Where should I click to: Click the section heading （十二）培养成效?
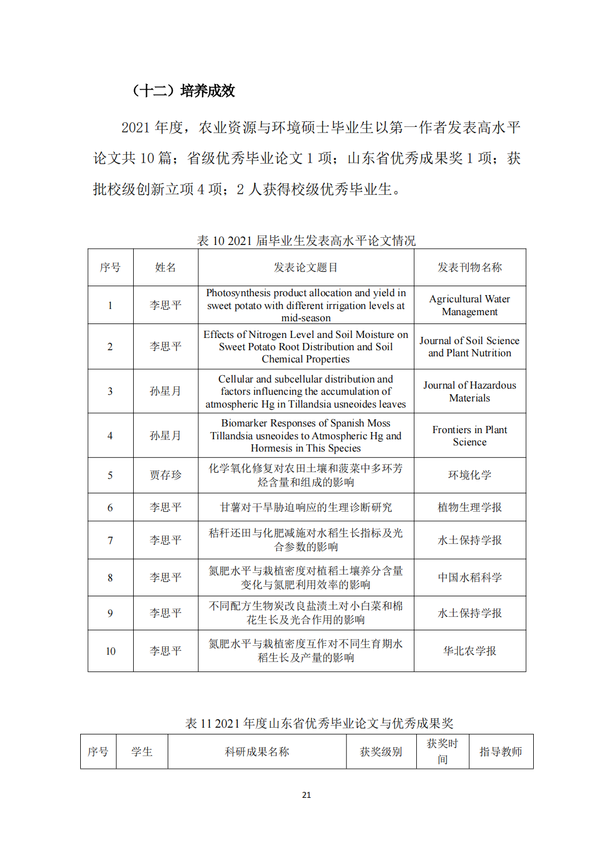click(183, 91)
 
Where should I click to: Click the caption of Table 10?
click(306, 241)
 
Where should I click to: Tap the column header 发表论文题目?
click(305, 267)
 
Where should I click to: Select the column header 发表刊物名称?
click(469, 267)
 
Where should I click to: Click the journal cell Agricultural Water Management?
click(469, 305)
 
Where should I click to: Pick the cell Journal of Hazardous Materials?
click(469, 391)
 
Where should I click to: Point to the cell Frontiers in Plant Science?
click(469, 435)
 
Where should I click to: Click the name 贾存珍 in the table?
click(165, 475)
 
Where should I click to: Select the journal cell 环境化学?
click(469, 475)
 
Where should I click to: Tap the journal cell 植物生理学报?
click(469, 507)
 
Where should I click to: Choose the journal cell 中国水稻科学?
click(469, 577)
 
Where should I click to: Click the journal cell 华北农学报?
click(469, 651)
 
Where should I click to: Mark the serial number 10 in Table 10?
click(110, 651)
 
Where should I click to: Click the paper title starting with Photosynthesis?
click(305, 305)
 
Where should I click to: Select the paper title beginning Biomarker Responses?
click(305, 435)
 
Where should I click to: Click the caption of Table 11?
click(319, 723)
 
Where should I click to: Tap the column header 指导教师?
click(500, 752)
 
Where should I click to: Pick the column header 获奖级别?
click(381, 752)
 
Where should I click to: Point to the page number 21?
click(306, 795)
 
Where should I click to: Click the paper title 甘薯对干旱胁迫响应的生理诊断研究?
click(305, 507)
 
